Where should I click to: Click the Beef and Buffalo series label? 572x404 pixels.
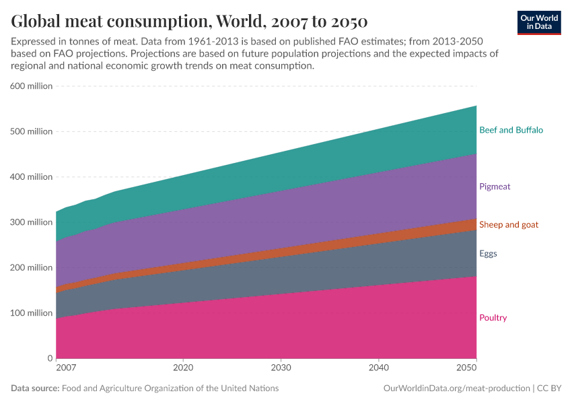tap(511, 130)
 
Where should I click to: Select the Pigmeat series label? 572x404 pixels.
tap(495, 187)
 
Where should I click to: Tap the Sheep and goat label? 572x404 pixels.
tap(508, 224)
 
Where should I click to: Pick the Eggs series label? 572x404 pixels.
tap(488, 254)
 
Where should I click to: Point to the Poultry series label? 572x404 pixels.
tap(493, 318)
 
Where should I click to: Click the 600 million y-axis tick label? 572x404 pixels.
tap(30, 86)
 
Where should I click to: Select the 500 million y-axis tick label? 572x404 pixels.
tap(30, 131)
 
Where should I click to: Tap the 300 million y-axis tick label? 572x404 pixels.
tap(30, 222)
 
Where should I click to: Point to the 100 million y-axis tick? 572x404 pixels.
tap(30, 313)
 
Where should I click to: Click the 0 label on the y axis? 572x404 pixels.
tap(49, 358)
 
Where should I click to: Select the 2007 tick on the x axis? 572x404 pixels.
tap(66, 368)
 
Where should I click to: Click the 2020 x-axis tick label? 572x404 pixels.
tap(183, 368)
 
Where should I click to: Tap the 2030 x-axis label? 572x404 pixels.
tap(281, 368)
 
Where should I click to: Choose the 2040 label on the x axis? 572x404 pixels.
tap(379, 368)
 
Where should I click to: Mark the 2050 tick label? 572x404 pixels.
tap(466, 368)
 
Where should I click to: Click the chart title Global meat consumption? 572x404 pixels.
tap(189, 20)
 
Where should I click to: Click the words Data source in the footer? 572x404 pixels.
tap(34, 389)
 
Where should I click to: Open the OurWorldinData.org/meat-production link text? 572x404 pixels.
tap(456, 389)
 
